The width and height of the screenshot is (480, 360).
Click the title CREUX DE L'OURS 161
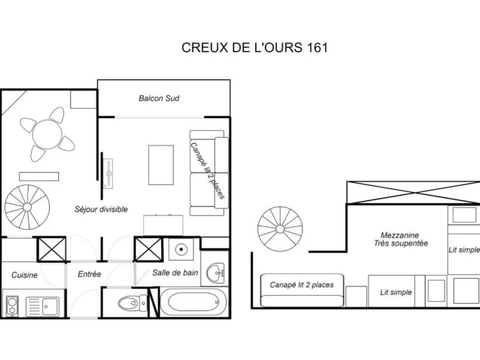click(x=254, y=48)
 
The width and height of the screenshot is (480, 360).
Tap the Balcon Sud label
click(x=159, y=99)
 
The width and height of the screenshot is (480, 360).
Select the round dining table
click(x=47, y=135)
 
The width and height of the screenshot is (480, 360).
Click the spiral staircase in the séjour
click(x=27, y=207)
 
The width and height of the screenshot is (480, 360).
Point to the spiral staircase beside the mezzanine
click(x=280, y=229)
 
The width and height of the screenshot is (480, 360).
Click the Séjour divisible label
click(x=101, y=210)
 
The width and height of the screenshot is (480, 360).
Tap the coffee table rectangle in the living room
click(x=161, y=165)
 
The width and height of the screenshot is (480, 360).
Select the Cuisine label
click(x=24, y=275)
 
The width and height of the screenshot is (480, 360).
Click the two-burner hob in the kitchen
click(x=12, y=306)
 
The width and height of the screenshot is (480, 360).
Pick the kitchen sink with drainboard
click(x=42, y=307)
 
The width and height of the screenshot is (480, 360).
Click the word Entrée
click(x=89, y=274)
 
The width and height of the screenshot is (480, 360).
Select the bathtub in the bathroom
click(x=194, y=303)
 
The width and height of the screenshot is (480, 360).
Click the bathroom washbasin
click(x=215, y=272)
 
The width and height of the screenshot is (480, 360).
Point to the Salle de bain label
click(x=175, y=273)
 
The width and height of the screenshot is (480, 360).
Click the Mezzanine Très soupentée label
click(x=401, y=239)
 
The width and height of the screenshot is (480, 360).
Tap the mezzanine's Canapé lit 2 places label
click(x=302, y=285)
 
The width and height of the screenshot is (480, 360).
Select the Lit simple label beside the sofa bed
click(x=396, y=292)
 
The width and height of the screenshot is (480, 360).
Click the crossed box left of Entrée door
click(x=51, y=249)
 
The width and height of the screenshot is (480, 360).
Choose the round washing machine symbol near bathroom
click(x=181, y=249)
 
